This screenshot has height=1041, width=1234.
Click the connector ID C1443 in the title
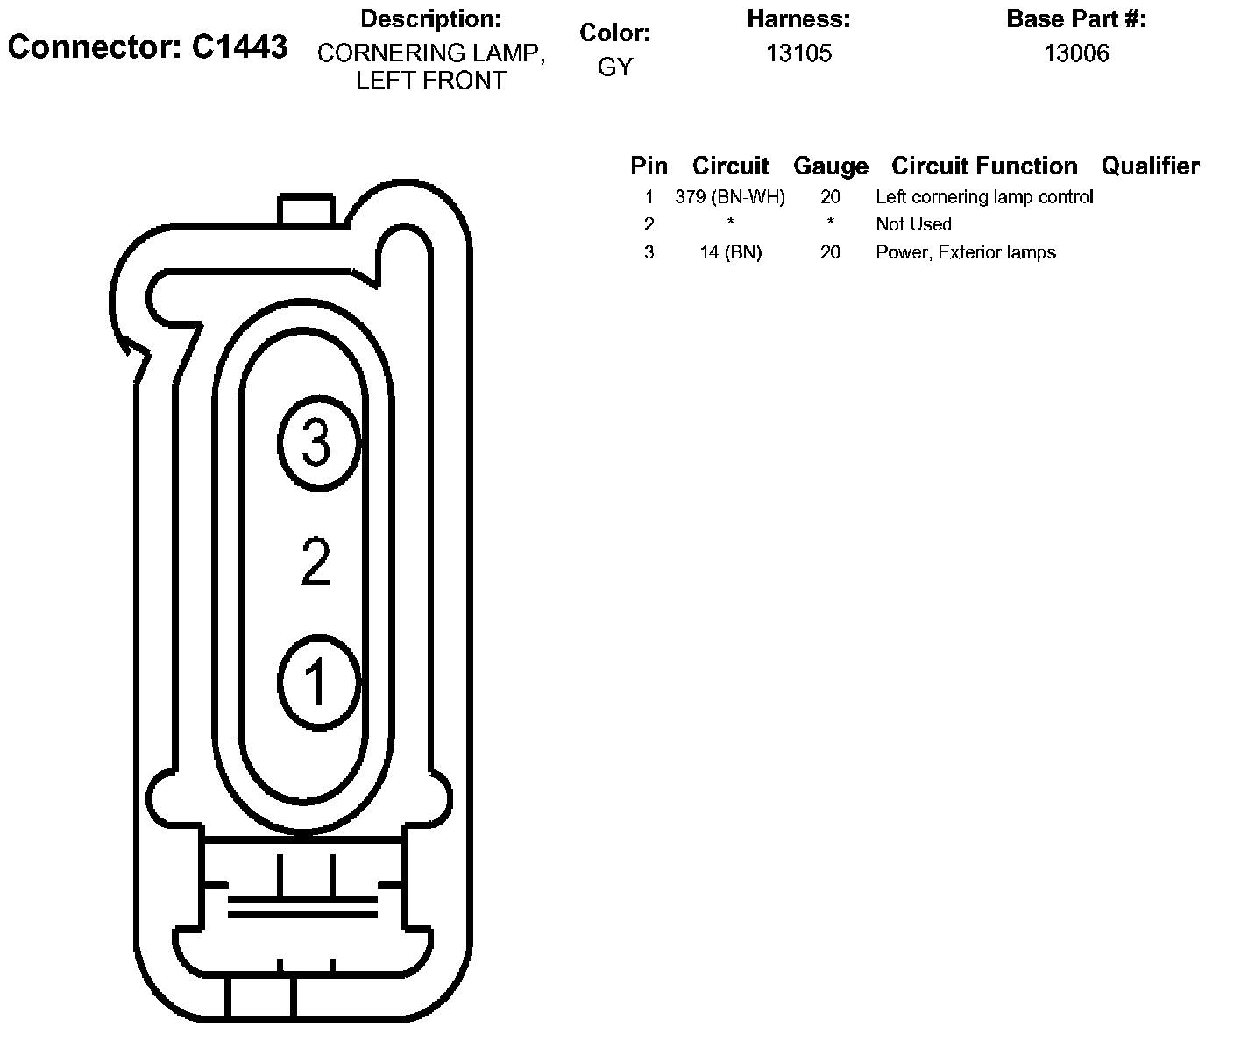(239, 46)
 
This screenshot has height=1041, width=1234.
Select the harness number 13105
(798, 53)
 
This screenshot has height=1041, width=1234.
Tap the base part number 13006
(1076, 53)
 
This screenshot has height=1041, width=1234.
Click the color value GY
(614, 67)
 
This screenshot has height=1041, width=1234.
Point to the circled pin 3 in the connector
(318, 443)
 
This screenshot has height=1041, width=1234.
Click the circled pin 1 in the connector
(318, 683)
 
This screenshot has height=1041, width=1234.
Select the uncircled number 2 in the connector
(316, 562)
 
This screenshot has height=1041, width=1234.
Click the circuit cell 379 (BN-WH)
(730, 197)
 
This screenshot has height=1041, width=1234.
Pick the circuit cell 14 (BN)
(730, 252)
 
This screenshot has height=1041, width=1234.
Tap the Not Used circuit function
(913, 224)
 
